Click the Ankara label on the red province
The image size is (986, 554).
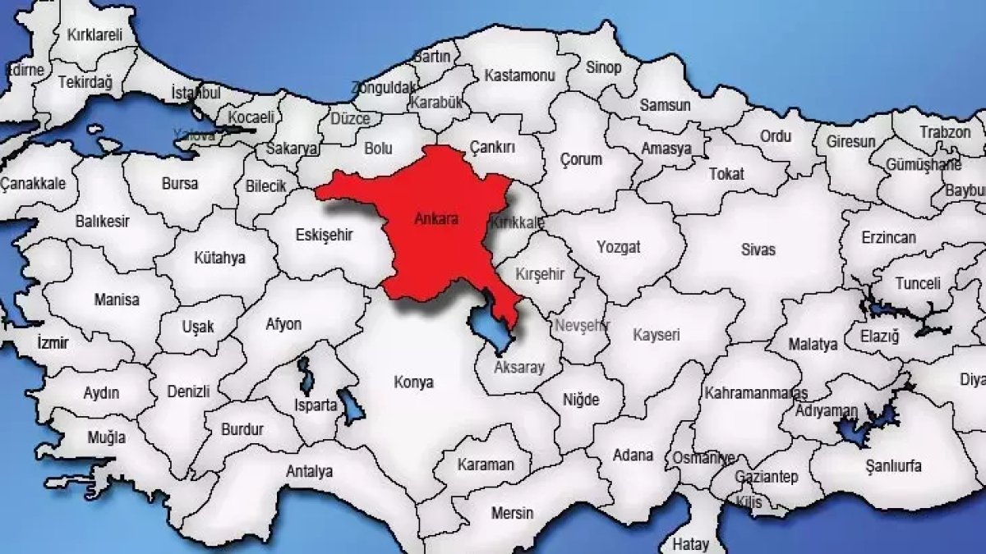point(436,220)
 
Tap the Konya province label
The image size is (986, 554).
point(413,382)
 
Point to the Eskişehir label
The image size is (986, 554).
point(323,236)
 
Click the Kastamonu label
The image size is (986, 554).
point(519,76)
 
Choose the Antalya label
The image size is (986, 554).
point(309,472)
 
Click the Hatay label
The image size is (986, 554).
point(689,543)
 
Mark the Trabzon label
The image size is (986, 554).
point(945,131)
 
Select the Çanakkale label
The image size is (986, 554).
point(33,182)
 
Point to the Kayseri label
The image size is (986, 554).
point(657,335)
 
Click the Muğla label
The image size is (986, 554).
point(107,437)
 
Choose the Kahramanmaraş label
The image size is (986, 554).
point(755,394)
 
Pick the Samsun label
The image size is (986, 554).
point(665,105)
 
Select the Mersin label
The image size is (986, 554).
point(512,513)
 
